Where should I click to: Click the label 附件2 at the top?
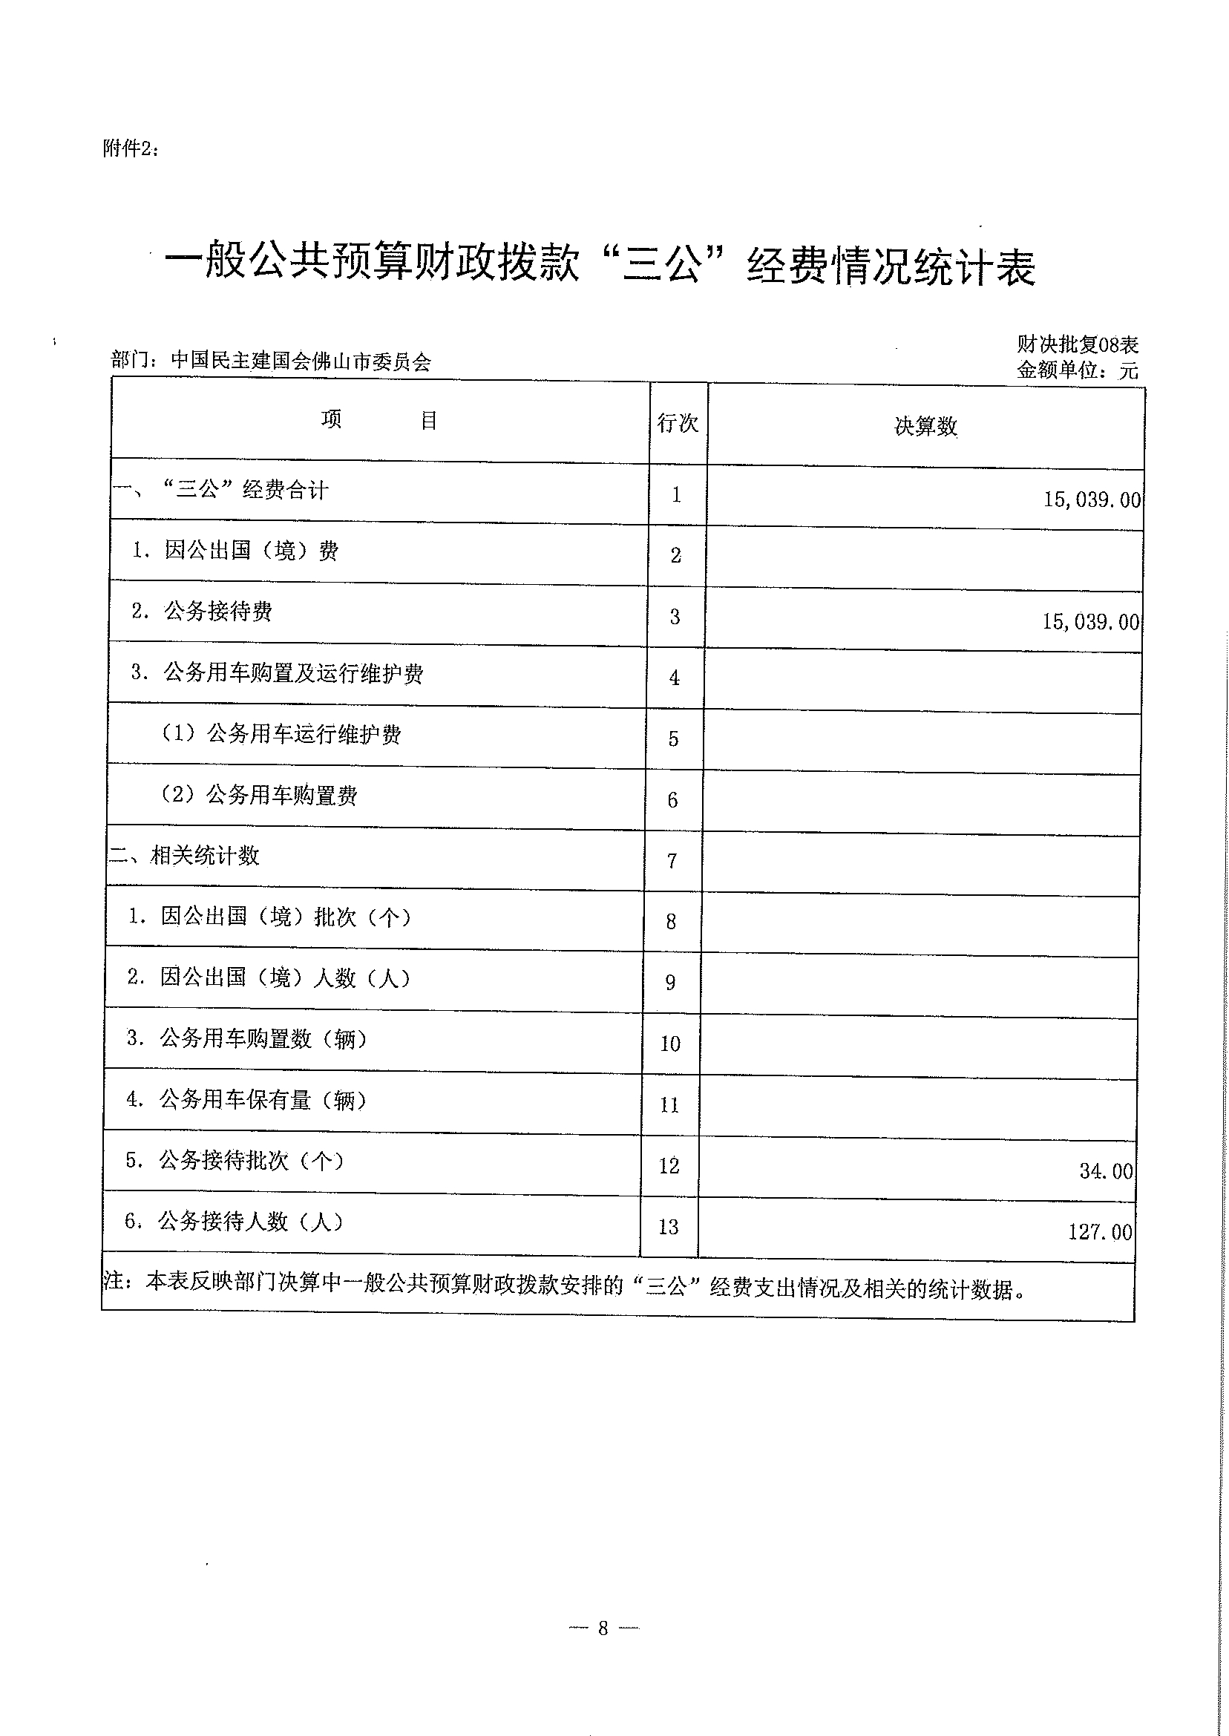[130, 149]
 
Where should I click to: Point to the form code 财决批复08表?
[1077, 345]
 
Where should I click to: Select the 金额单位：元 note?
[1077, 370]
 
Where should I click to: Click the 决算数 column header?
[925, 427]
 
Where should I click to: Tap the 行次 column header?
[678, 423]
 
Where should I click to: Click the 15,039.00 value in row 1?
[1091, 499]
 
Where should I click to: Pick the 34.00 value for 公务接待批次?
[1106, 1171]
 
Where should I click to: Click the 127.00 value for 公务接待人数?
[1101, 1232]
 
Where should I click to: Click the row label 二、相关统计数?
[184, 856]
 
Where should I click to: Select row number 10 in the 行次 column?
[670, 1044]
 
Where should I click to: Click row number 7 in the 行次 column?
[672, 860]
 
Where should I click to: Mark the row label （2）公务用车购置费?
[259, 796]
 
